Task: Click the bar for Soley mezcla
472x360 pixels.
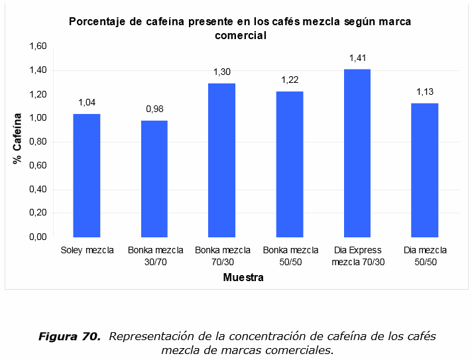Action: pos(86,176)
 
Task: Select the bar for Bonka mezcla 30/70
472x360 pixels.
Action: pos(154,179)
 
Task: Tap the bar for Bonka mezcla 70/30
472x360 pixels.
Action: pos(221,160)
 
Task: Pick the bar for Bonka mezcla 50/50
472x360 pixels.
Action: pos(289,164)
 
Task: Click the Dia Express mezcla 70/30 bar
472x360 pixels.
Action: pos(357,153)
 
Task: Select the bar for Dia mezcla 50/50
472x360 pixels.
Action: pos(424,170)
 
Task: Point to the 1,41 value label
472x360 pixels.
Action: pos(358,58)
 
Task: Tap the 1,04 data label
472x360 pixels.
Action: pos(87,102)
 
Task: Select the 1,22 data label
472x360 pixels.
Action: pos(290,80)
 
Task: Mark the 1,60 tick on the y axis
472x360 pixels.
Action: pos(38,46)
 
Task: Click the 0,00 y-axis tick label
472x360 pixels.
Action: pos(38,237)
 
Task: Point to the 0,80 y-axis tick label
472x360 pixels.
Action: pos(38,142)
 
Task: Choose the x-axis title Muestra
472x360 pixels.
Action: pos(243,278)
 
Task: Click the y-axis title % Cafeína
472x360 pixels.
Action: pos(18,139)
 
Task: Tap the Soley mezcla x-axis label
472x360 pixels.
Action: pos(87,251)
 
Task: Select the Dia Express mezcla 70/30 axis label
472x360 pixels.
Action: pos(357,256)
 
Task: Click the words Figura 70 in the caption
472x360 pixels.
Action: pos(68,337)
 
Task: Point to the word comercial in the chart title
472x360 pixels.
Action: pos(241,36)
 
